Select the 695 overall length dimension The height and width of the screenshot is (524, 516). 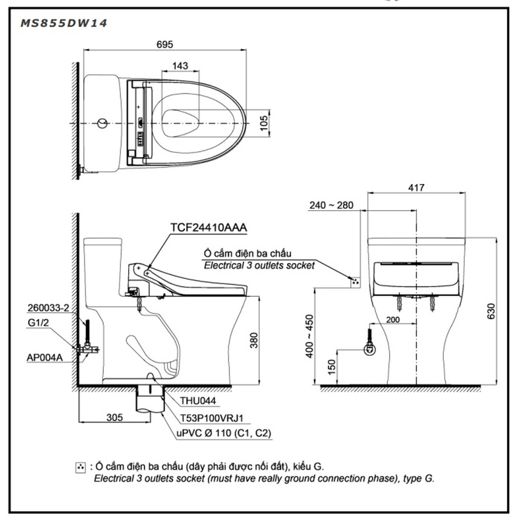pyautogui.click(x=165, y=45)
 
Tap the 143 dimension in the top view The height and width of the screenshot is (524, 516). pyautogui.click(x=180, y=66)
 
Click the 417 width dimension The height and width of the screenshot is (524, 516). pyautogui.click(x=416, y=188)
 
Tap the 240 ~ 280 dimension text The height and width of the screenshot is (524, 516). pyautogui.click(x=331, y=205)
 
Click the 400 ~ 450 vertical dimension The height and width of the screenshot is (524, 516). pyautogui.click(x=310, y=336)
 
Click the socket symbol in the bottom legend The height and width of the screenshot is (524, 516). pyautogui.click(x=80, y=467)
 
